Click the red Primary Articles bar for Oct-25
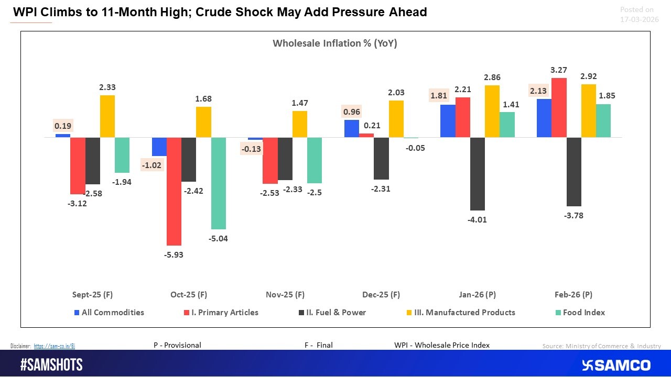[x=174, y=191]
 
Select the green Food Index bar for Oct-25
[x=218, y=183]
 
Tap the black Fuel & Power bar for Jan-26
[x=477, y=174]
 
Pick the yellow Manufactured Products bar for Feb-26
[x=588, y=111]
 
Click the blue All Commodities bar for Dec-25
[x=352, y=129]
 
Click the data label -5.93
[x=174, y=254]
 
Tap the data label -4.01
[x=477, y=219]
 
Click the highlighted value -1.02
[x=152, y=165]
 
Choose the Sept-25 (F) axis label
[x=92, y=294]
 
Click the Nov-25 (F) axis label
[x=285, y=294]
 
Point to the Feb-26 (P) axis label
[x=573, y=294]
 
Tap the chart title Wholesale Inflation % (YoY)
[x=334, y=43]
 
